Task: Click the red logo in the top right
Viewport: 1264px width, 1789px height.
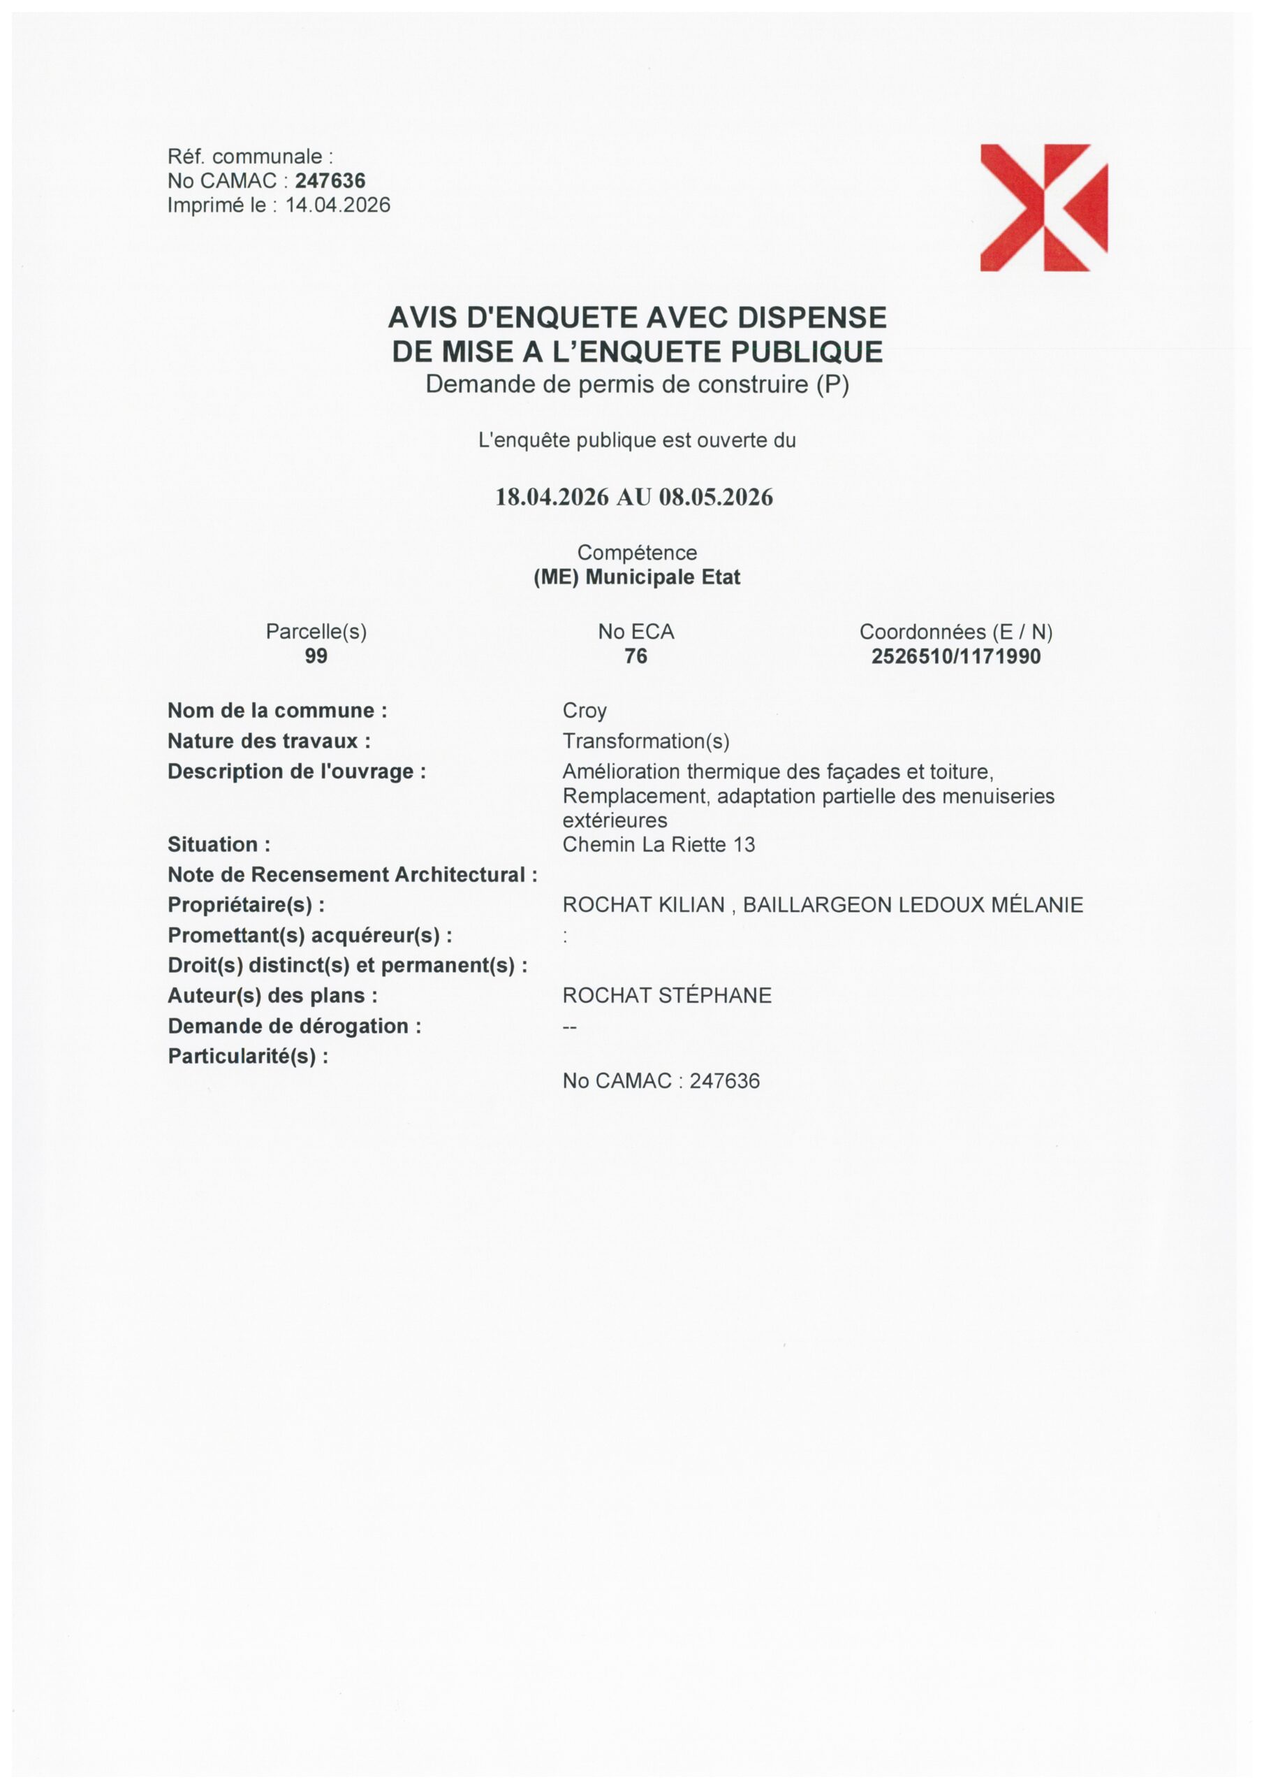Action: pos(1043,208)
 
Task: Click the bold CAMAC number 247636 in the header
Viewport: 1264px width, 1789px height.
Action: pos(330,181)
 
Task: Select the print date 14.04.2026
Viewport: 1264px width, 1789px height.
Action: pos(338,205)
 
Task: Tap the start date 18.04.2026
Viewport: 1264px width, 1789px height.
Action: pos(552,497)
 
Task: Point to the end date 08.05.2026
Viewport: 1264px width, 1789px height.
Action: pos(716,497)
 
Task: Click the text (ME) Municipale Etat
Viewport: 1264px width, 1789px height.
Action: pos(636,577)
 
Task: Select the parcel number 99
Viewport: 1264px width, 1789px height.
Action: pos(316,656)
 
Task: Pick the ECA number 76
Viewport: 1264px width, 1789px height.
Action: pos(635,656)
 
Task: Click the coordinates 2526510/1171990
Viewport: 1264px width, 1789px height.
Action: pos(955,656)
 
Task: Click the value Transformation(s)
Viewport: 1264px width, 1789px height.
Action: pos(646,741)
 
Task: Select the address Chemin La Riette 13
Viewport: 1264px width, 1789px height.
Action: pos(658,845)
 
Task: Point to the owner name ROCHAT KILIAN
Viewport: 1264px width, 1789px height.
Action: pos(643,904)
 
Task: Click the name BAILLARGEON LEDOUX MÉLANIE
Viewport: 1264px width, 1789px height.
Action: pos(913,904)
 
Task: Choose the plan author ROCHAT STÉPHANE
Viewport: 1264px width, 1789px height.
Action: pos(667,996)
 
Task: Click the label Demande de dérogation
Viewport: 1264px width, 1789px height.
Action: pos(293,1026)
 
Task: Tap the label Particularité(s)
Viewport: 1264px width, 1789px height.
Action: pos(248,1057)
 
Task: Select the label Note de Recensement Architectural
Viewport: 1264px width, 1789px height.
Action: pos(352,875)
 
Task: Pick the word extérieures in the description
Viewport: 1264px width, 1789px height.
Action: pos(615,820)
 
